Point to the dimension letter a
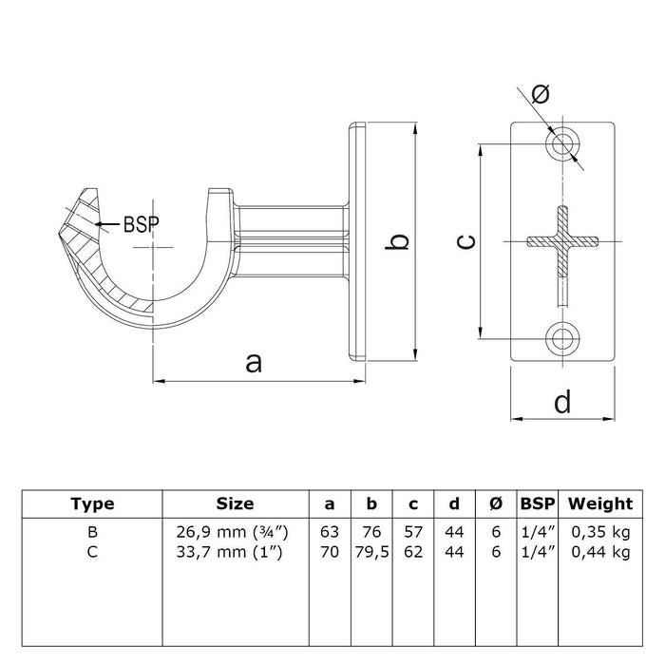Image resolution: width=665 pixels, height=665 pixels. point(253,362)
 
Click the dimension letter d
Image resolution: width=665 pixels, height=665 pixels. point(562,403)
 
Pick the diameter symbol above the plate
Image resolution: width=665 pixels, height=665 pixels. point(541,94)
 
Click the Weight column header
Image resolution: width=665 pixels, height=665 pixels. point(599,503)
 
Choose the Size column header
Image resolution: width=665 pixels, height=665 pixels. point(235,503)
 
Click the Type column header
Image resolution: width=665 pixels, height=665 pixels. point(93,503)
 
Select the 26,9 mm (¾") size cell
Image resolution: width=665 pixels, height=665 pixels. point(235,533)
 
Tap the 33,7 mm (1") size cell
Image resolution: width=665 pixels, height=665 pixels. point(235,550)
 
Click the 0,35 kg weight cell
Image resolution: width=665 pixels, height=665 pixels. point(599,533)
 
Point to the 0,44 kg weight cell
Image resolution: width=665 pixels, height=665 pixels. point(599,550)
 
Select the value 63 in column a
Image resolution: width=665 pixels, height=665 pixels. point(330,533)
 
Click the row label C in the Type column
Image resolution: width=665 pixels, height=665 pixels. point(93,550)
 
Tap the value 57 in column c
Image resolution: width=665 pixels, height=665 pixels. point(412,533)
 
